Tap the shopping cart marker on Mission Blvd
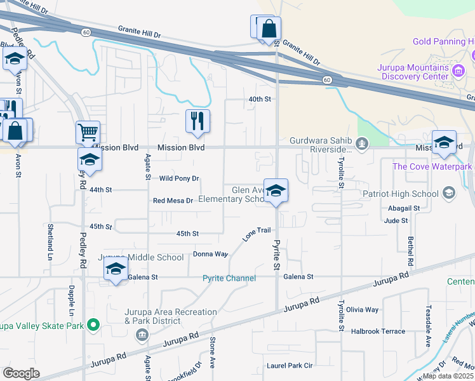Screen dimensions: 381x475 (88, 133)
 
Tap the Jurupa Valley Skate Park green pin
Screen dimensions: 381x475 (94, 326)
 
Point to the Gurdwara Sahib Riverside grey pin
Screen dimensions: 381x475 (362, 144)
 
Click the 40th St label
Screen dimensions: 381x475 (260, 99)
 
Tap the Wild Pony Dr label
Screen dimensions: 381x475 (179, 179)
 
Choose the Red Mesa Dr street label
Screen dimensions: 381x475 (173, 201)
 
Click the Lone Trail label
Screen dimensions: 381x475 (257, 235)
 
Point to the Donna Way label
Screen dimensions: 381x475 (210, 254)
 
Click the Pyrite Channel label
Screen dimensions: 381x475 (229, 278)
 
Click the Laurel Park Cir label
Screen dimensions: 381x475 (290, 366)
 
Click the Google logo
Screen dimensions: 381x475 (21, 373)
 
